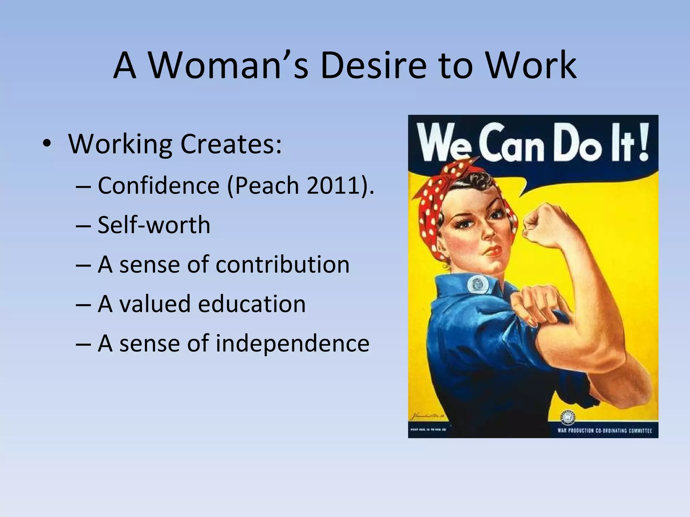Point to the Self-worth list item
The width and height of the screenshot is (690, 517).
click(154, 225)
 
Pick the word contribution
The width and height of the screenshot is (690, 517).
click(282, 264)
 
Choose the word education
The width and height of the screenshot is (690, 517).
click(252, 304)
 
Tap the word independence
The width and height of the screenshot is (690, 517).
click(292, 343)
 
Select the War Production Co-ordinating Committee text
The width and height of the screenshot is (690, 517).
click(604, 430)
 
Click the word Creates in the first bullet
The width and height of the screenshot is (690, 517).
click(231, 144)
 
